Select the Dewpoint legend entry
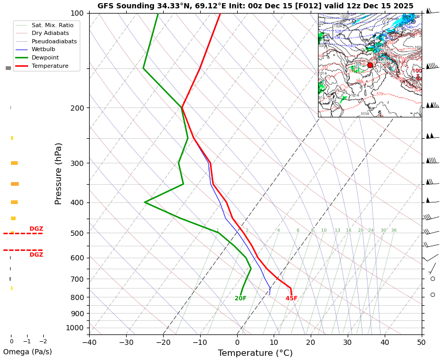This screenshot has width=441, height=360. pyautogui.click(x=45, y=58)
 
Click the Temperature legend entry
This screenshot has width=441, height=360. pyautogui.click(x=50, y=66)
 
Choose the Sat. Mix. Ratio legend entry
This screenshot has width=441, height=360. pyautogui.click(x=52, y=25)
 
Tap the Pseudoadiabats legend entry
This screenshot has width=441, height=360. pyautogui.click(x=54, y=41)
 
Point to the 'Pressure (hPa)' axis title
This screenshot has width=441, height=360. pyautogui.click(x=59, y=173)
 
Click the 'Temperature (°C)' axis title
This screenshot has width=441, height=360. pyautogui.click(x=255, y=353)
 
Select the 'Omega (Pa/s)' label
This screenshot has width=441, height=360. pyautogui.click(x=28, y=352)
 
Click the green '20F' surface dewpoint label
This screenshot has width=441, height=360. pyautogui.click(x=240, y=298)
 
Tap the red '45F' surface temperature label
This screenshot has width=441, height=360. pyautogui.click(x=291, y=298)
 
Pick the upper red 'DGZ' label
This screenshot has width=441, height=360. pyautogui.click(x=36, y=229)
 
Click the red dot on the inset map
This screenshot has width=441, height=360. pyautogui.click(x=370, y=65)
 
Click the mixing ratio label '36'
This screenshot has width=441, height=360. pyautogui.click(x=394, y=231)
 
